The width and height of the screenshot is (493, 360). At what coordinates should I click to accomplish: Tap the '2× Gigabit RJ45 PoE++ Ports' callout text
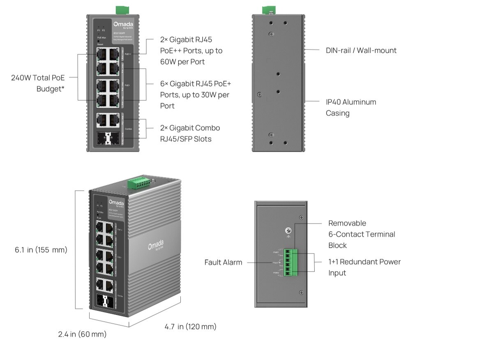(x=191, y=51)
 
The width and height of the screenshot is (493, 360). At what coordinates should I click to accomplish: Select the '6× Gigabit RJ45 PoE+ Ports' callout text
(x=196, y=95)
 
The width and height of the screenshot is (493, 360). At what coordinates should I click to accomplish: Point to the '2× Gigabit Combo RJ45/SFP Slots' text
(x=190, y=133)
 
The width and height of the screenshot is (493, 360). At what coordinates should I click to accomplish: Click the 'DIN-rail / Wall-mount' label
(x=361, y=51)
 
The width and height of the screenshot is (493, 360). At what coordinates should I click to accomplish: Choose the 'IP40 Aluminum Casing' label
(x=351, y=107)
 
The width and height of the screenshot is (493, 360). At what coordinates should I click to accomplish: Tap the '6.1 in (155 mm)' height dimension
(x=41, y=249)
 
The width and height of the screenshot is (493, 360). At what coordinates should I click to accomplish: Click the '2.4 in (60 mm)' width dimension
(x=82, y=334)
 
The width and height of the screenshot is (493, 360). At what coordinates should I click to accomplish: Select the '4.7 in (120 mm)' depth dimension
(x=190, y=327)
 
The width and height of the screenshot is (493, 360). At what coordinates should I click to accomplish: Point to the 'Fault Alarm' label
(x=223, y=262)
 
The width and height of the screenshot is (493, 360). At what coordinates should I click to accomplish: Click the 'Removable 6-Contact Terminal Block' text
(x=362, y=234)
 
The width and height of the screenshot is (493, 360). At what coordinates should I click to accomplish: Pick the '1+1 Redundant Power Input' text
(x=364, y=267)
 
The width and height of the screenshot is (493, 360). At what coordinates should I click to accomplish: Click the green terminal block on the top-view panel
(x=290, y=262)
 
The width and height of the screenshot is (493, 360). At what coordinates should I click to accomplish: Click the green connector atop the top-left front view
(x=121, y=9)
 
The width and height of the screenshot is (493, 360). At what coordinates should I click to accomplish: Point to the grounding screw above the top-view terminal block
(x=288, y=231)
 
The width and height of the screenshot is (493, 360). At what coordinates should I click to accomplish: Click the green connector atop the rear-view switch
(x=269, y=9)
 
